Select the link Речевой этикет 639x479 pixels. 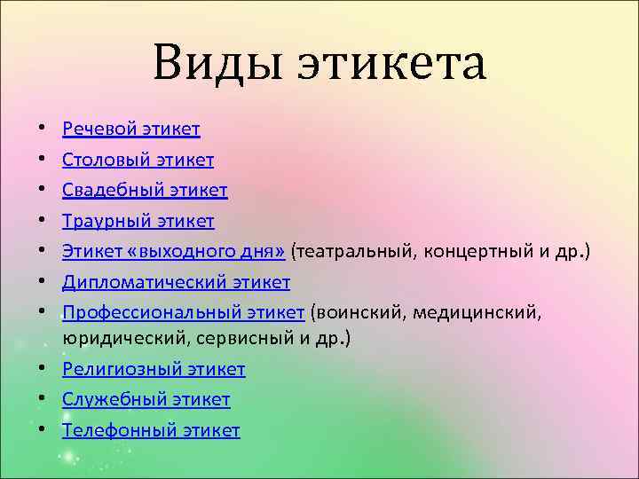pyautogui.click(x=130, y=130)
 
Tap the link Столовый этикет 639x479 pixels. pyautogui.click(x=138, y=161)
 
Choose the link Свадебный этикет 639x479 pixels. pyautogui.click(x=145, y=191)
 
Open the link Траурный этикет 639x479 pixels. pyautogui.click(x=138, y=221)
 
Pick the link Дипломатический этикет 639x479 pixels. pyautogui.click(x=176, y=283)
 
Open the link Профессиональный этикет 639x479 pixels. pyautogui.click(x=183, y=313)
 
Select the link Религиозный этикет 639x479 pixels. pyautogui.click(x=154, y=369)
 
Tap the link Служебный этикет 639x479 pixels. pyautogui.click(x=146, y=400)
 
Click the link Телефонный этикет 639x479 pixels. pyautogui.click(x=151, y=431)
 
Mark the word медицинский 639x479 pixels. pyautogui.click(x=494, y=313)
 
